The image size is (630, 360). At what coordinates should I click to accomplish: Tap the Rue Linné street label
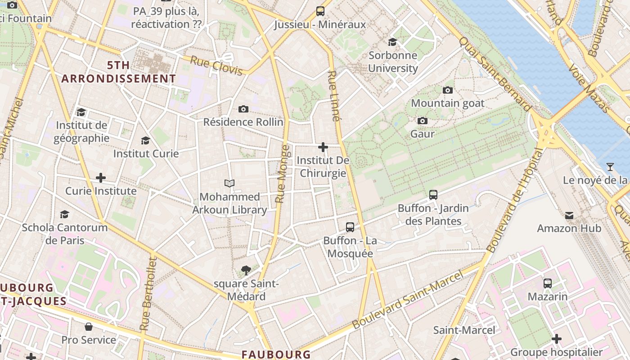(x=333, y=96)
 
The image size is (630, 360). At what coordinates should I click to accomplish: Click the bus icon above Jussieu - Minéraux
(x=320, y=11)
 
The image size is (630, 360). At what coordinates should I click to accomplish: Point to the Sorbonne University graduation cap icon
(x=393, y=42)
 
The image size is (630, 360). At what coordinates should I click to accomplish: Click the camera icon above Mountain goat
(x=448, y=90)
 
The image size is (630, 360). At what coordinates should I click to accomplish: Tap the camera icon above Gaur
(x=422, y=121)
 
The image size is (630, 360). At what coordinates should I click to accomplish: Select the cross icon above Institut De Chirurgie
(x=323, y=147)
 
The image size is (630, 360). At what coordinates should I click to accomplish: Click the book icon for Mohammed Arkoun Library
(x=229, y=183)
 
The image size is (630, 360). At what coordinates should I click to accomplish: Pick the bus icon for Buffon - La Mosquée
(x=350, y=227)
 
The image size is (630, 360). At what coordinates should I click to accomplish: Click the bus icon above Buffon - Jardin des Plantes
(x=433, y=195)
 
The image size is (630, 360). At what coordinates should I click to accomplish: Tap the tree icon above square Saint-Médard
(x=246, y=270)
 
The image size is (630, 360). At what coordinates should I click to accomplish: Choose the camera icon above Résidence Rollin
(x=243, y=109)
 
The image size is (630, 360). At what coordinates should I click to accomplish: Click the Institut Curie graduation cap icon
(x=145, y=140)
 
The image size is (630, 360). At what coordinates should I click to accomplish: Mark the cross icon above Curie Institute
(x=101, y=178)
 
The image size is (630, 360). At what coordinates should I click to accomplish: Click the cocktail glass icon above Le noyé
(x=610, y=167)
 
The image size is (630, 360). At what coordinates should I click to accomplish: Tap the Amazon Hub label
(x=569, y=228)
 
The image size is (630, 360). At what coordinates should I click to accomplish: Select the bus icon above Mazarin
(x=548, y=283)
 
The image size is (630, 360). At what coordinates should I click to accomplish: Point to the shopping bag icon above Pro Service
(x=89, y=326)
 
